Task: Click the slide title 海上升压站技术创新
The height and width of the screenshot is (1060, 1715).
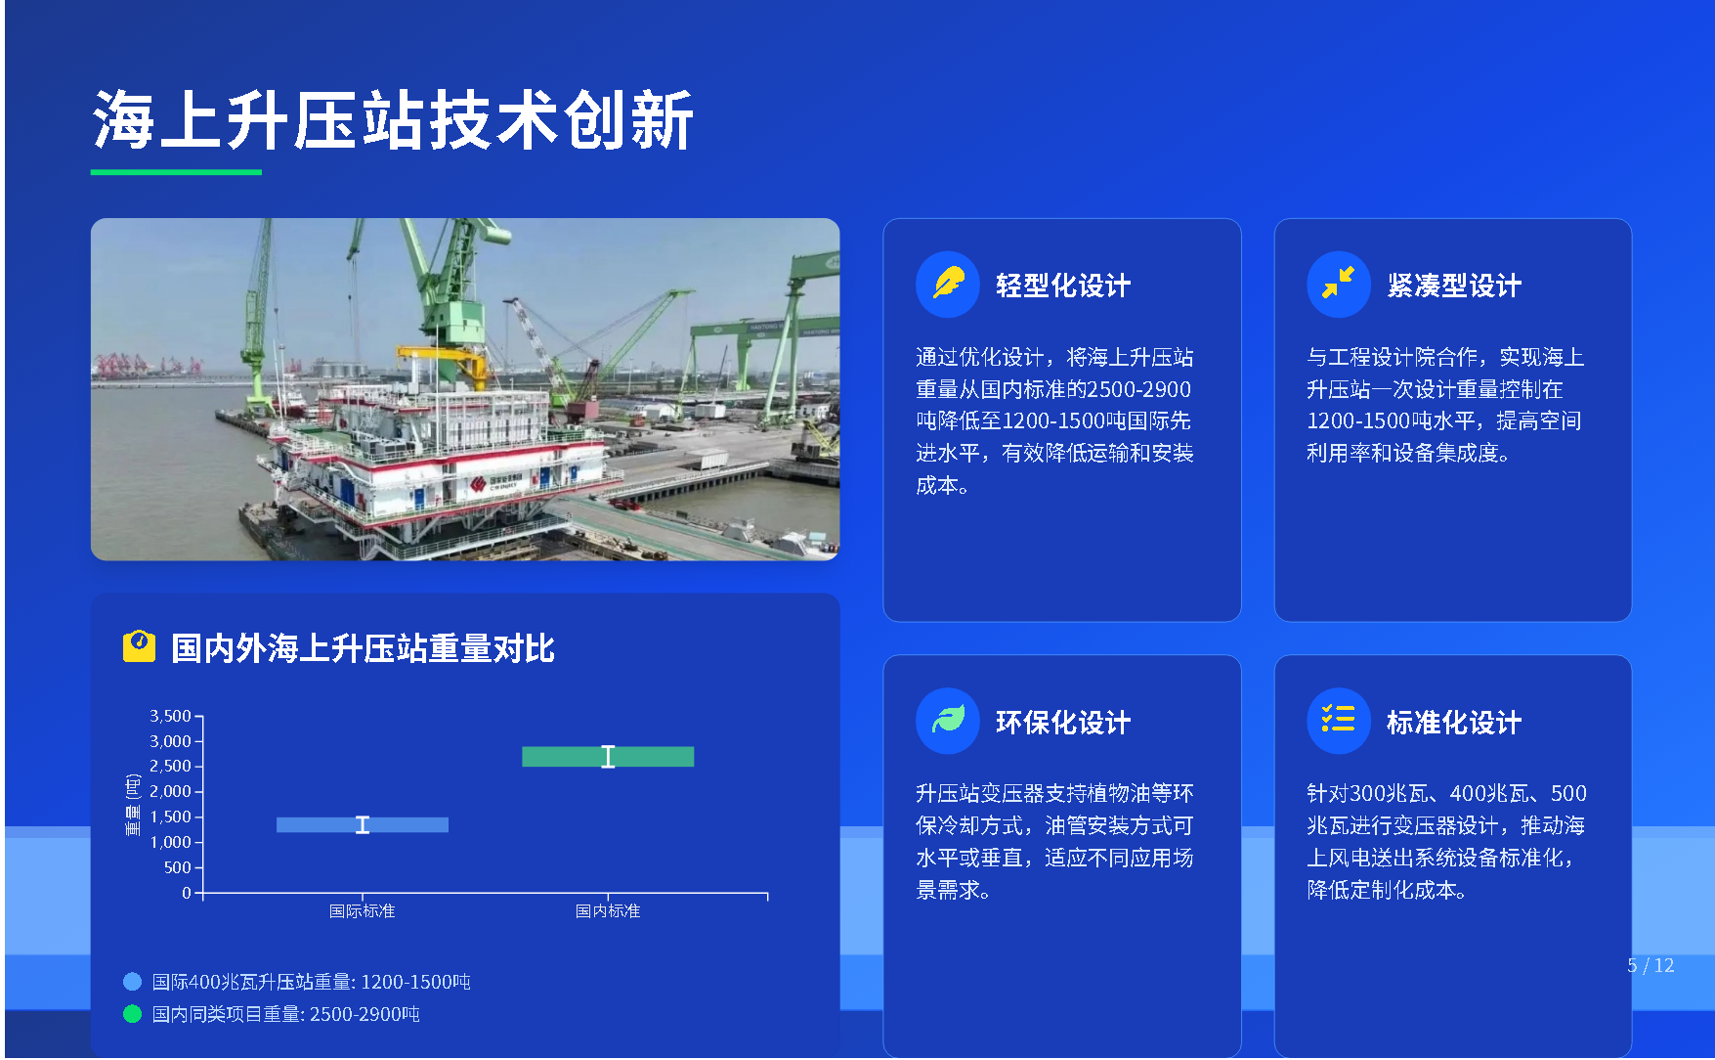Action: pyautogui.click(x=393, y=120)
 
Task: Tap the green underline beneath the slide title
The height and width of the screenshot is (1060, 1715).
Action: pyautogui.click(x=176, y=172)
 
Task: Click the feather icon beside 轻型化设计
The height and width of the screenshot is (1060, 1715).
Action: pyautogui.click(x=948, y=285)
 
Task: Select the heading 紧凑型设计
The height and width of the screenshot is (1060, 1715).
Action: pyautogui.click(x=1454, y=286)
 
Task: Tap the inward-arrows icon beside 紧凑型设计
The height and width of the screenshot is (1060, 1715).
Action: pyautogui.click(x=1339, y=285)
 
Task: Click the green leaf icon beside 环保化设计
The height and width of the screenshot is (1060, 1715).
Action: pyautogui.click(x=948, y=722)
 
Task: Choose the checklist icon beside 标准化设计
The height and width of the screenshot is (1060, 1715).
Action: pyautogui.click(x=1339, y=722)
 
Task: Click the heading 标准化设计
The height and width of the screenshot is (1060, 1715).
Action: pyautogui.click(x=1454, y=723)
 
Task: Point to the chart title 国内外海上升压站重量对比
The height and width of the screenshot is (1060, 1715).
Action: pyautogui.click(x=363, y=648)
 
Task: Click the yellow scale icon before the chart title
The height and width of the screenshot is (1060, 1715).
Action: pyautogui.click(x=139, y=646)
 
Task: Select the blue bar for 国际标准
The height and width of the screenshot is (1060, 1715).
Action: pyautogui.click(x=363, y=824)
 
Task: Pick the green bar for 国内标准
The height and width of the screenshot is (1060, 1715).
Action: pyautogui.click(x=608, y=756)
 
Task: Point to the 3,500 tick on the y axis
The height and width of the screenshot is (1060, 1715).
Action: pyautogui.click(x=170, y=716)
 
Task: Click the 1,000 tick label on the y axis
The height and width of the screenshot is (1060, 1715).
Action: pyautogui.click(x=170, y=842)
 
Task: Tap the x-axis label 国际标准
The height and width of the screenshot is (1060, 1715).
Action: pyautogui.click(x=362, y=911)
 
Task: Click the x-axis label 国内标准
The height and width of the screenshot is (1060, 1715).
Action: pyautogui.click(x=608, y=911)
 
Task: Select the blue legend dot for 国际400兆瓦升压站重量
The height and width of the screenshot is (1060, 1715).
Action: pyautogui.click(x=132, y=982)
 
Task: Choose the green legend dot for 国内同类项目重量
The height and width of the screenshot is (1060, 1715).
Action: pyautogui.click(x=132, y=1014)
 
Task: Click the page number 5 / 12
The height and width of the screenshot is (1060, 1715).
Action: pyautogui.click(x=1651, y=966)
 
